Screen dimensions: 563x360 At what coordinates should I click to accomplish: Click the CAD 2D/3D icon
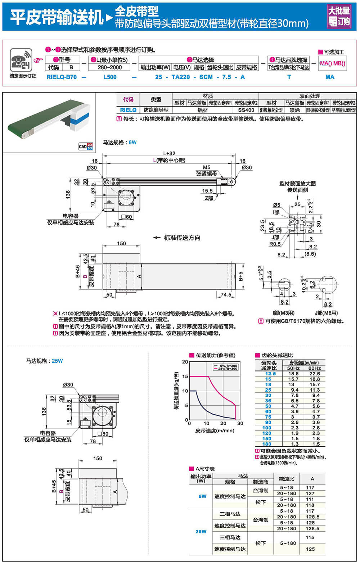coord(86,146)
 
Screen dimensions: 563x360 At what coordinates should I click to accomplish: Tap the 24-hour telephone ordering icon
coord(21,60)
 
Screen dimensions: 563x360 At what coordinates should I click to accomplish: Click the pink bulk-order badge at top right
coord(339,16)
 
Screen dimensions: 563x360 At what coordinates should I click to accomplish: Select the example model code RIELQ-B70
coord(62,77)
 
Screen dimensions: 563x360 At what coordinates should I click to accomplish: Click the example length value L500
coord(110,77)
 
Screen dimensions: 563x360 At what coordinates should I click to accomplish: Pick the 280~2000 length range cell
coord(110,67)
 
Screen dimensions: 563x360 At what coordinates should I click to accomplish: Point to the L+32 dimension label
coord(169,153)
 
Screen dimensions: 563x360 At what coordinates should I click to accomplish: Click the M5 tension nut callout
coord(206,167)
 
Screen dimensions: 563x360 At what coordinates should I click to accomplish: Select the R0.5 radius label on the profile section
coord(275,244)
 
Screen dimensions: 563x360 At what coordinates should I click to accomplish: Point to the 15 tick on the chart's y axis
coord(185,377)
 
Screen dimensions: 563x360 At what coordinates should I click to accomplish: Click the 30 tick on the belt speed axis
coord(240,423)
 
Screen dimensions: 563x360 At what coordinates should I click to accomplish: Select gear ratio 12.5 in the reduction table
coord(268,374)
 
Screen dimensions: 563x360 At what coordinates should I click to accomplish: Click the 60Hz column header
coord(314,368)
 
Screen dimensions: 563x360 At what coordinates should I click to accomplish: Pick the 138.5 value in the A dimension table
coord(312,528)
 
